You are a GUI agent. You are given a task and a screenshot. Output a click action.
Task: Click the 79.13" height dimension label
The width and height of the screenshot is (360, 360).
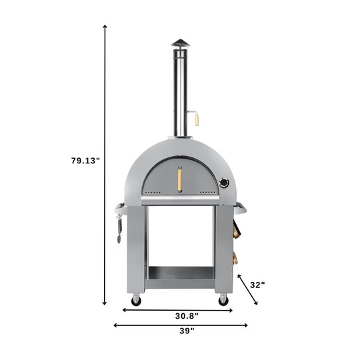click(x=86, y=161)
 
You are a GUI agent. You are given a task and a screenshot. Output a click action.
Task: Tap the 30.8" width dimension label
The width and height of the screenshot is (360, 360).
click(x=187, y=316)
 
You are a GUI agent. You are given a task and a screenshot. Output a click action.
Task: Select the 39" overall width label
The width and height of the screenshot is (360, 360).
click(x=187, y=331)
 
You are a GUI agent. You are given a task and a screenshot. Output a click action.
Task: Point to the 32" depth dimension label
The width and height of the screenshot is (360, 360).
click(x=257, y=285)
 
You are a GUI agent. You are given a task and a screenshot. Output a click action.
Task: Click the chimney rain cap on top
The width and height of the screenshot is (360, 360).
click(x=181, y=43)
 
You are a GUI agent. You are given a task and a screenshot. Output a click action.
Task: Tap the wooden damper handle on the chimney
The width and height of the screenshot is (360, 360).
click(x=197, y=120)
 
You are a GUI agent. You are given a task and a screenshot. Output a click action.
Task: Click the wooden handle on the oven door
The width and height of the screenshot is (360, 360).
click(x=180, y=179)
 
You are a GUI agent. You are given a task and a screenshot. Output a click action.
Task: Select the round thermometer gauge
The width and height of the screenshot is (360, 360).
click(x=224, y=183)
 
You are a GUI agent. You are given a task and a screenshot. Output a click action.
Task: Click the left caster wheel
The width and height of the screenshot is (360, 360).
click(x=137, y=299)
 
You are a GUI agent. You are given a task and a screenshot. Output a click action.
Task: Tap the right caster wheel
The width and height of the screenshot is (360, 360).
click(x=223, y=299)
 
